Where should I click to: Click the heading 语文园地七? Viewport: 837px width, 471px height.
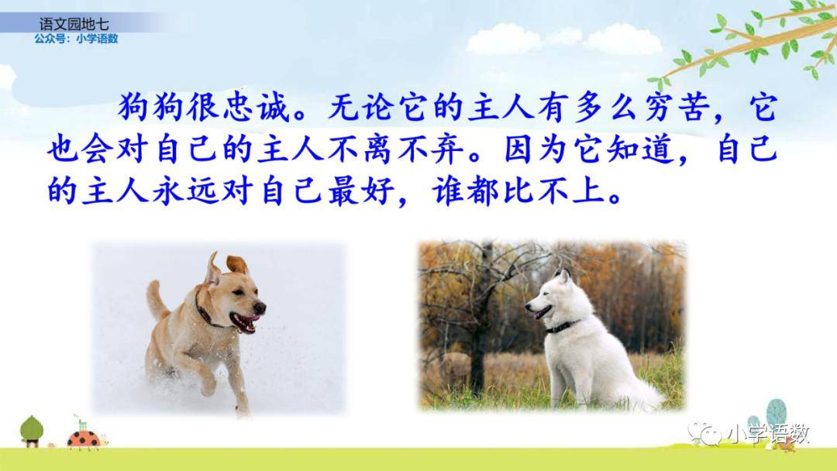point(74,24)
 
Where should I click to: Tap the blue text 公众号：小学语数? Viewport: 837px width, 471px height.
point(76,39)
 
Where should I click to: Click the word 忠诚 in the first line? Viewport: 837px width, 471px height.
point(256,107)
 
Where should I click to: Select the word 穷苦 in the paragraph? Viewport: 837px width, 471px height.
point(677,107)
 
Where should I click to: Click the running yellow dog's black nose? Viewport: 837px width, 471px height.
point(260,308)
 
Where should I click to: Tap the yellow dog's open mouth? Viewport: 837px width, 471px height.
point(244,321)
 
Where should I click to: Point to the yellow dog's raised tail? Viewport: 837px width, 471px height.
point(156,300)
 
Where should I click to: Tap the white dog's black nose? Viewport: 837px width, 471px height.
point(528,307)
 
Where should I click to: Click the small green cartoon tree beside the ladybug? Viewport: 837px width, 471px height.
point(32,431)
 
